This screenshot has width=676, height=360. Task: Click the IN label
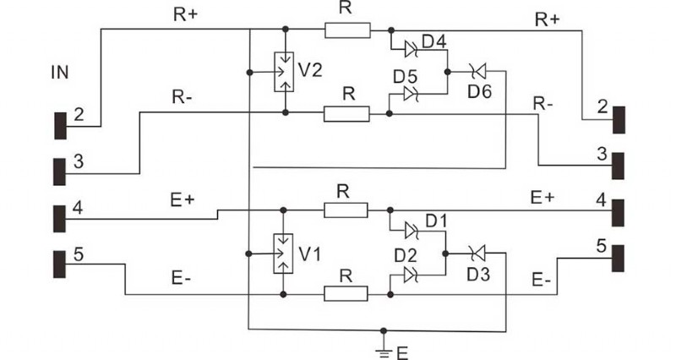pyautogui.click(x=60, y=74)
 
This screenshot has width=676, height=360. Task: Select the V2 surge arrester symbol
pyautogui.click(x=286, y=72)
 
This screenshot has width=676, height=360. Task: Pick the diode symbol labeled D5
pyautogui.click(x=412, y=95)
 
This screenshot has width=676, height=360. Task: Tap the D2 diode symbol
pyautogui.click(x=412, y=275)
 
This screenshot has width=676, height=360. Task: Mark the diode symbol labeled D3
pyautogui.click(x=475, y=253)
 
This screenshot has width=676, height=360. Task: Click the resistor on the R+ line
pyautogui.click(x=346, y=30)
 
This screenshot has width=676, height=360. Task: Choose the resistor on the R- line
pyautogui.click(x=346, y=112)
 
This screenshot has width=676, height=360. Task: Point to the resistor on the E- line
pyautogui.click(x=346, y=294)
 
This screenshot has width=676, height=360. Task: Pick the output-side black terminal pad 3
pyautogui.click(x=619, y=166)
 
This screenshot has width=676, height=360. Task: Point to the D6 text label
pyautogui.click(x=478, y=92)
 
